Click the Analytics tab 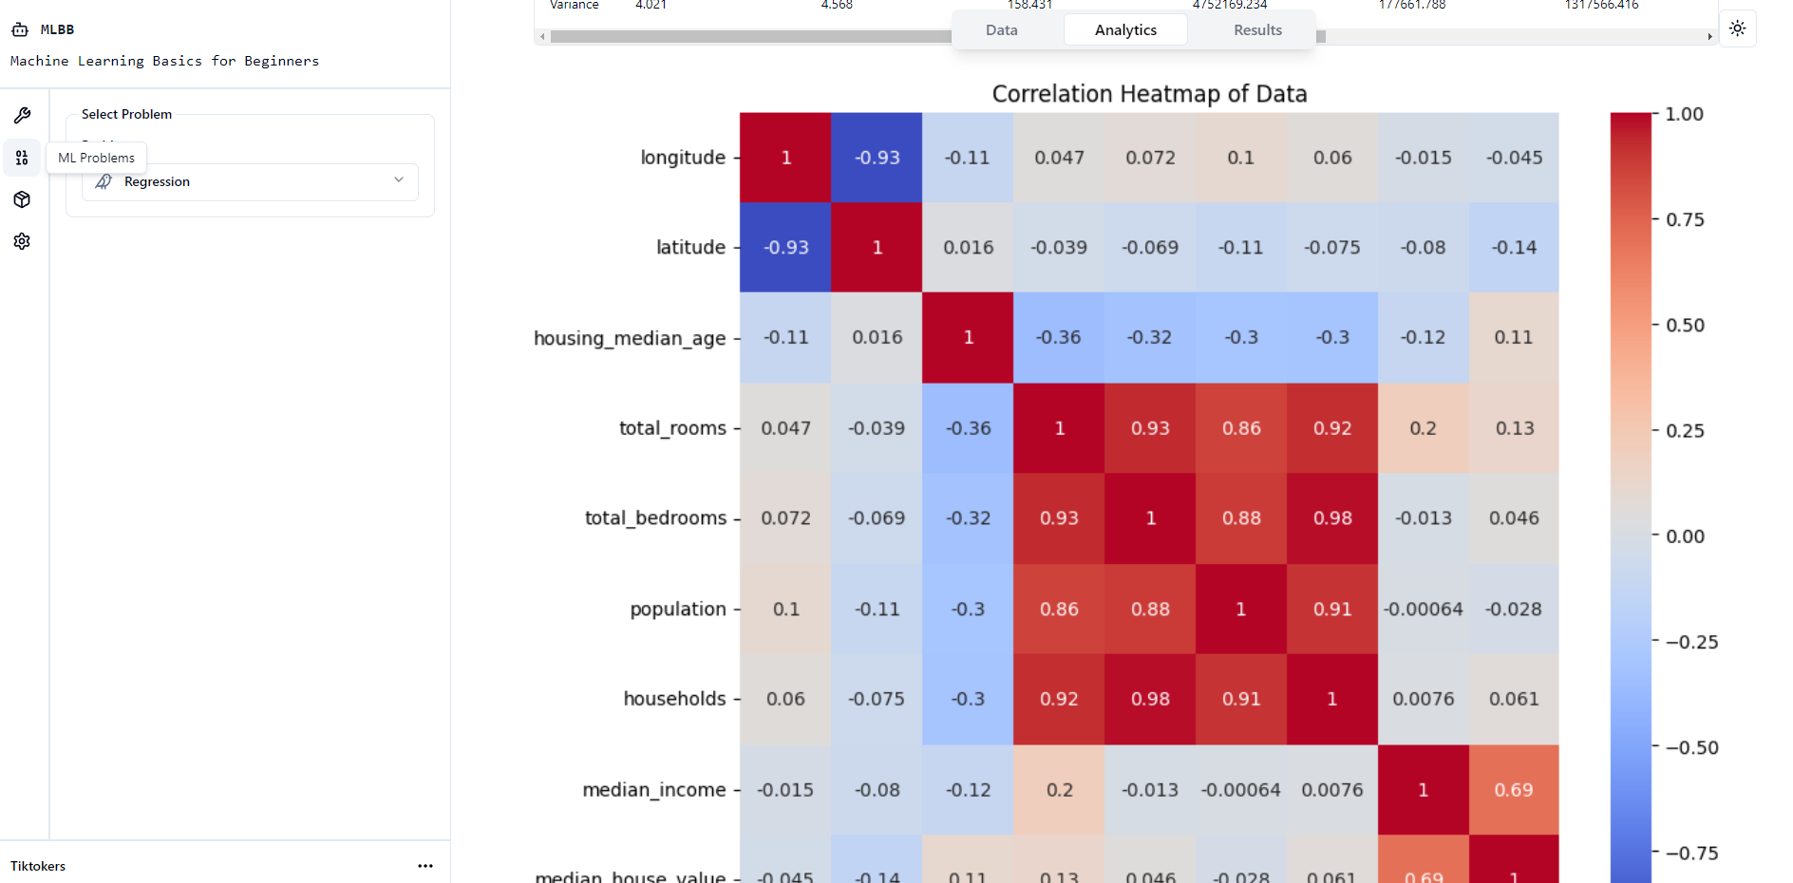[1125, 30]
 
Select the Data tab [1001, 30]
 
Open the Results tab [1257, 30]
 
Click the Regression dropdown [250, 181]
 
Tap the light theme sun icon [1737, 28]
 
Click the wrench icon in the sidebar [22, 116]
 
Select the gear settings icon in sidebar [22, 241]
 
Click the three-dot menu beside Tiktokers [425, 866]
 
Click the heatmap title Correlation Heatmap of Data [1149, 94]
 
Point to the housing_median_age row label [630, 338]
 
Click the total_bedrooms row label [655, 518]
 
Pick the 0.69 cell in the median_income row [1513, 790]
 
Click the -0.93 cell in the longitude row [877, 158]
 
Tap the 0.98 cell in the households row [1150, 699]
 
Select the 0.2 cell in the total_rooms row [1423, 428]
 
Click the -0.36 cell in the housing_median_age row [1058, 337]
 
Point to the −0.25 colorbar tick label [1690, 642]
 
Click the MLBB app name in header [57, 29]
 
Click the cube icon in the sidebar [22, 199]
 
